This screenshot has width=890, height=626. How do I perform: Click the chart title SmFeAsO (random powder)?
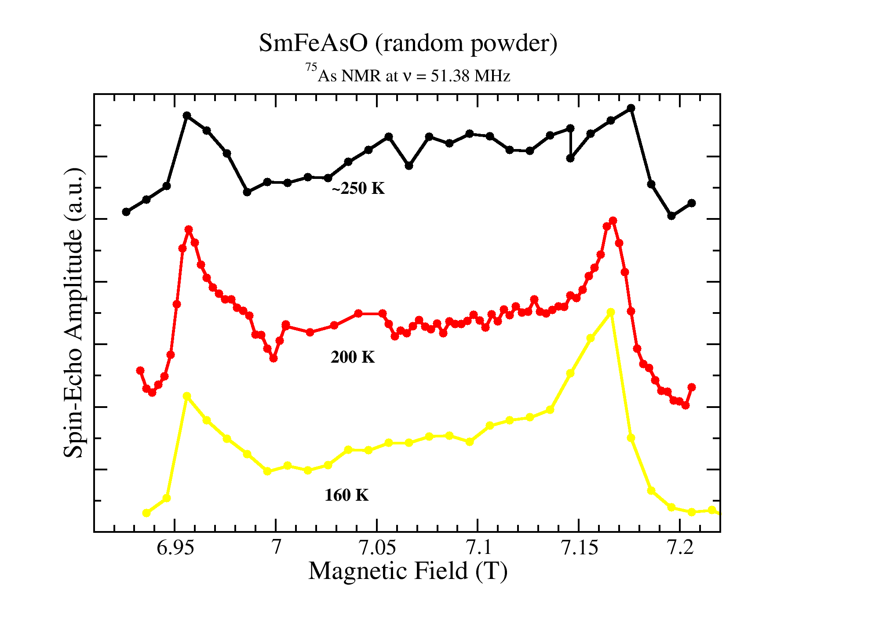[x=408, y=44]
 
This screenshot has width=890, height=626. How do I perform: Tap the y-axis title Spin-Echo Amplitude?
[x=73, y=313]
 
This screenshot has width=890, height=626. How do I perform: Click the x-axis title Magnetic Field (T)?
[x=408, y=571]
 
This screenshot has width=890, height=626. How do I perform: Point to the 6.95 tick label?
[x=175, y=548]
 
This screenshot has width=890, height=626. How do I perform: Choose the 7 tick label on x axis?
[x=276, y=548]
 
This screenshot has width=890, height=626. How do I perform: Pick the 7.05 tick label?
[x=377, y=548]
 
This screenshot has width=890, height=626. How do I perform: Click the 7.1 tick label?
[x=478, y=548]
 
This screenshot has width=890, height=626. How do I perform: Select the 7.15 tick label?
[x=579, y=548]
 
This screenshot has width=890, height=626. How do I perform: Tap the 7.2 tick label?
[x=680, y=548]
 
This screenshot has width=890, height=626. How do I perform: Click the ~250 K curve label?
[x=358, y=189]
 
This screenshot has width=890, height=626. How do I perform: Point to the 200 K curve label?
[x=353, y=357]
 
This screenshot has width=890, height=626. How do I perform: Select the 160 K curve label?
[x=347, y=495]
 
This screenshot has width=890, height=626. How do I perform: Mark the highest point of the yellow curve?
[x=610, y=312]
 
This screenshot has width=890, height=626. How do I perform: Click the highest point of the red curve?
[x=613, y=221]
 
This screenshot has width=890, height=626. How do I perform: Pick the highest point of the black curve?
[x=631, y=108]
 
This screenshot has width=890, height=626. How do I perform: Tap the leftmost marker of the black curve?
[x=126, y=212]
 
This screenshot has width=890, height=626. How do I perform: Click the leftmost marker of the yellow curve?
[x=146, y=513]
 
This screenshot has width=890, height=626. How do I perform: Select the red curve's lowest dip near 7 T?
[x=274, y=359]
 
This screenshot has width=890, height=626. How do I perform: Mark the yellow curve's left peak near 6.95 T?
[x=187, y=396]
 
